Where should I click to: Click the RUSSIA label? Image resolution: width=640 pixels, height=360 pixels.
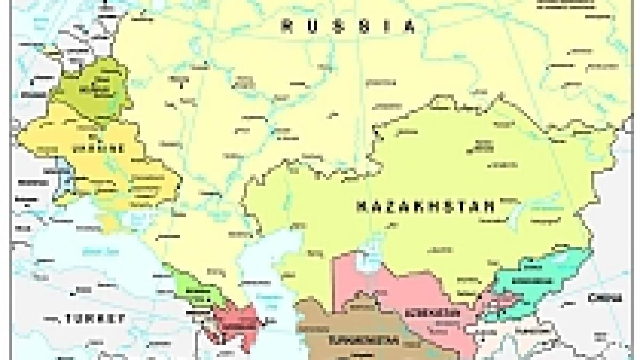[x=349, y=26]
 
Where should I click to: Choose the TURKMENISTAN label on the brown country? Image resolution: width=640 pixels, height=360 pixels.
[x=363, y=340]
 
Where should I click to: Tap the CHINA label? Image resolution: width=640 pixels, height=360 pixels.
[x=605, y=297]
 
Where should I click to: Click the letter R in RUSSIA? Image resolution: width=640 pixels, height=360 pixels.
[x=289, y=26]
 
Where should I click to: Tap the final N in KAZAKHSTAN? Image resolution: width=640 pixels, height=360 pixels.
[x=490, y=206]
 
